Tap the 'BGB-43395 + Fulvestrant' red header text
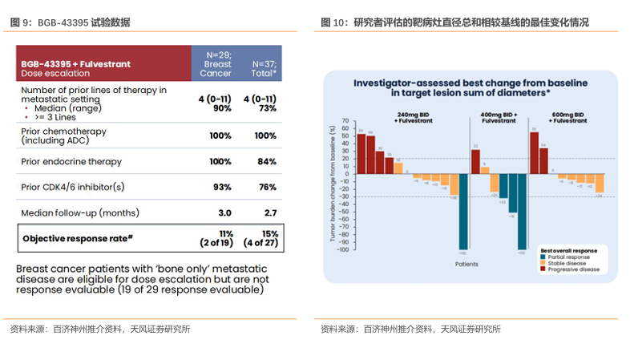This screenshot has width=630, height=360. (76, 63)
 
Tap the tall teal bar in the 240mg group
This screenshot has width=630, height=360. (462, 212)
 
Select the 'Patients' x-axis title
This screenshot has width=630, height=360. (466, 264)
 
